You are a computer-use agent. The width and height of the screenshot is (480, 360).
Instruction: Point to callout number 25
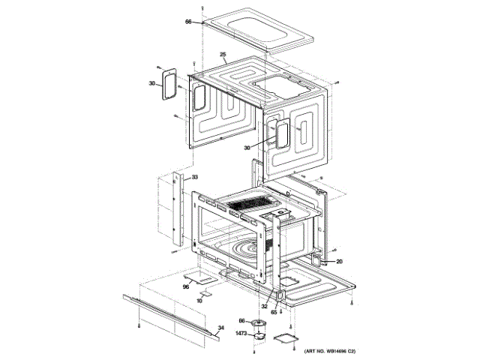(223, 55)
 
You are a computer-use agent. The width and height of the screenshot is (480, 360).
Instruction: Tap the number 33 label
(194, 177)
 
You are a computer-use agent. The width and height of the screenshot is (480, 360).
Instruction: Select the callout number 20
(338, 262)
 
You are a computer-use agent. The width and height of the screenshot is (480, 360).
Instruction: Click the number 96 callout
(187, 286)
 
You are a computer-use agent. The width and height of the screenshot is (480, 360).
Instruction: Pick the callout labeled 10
(199, 300)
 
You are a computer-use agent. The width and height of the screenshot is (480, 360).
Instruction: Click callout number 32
(264, 307)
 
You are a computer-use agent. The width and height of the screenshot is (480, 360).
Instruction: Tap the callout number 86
(242, 321)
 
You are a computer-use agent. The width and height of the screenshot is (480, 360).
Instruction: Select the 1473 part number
(241, 333)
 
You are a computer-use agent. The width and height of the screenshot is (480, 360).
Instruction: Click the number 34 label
(220, 328)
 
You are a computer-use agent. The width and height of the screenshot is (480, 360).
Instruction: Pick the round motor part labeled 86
(262, 323)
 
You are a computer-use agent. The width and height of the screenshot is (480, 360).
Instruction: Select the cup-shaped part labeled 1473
(260, 336)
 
